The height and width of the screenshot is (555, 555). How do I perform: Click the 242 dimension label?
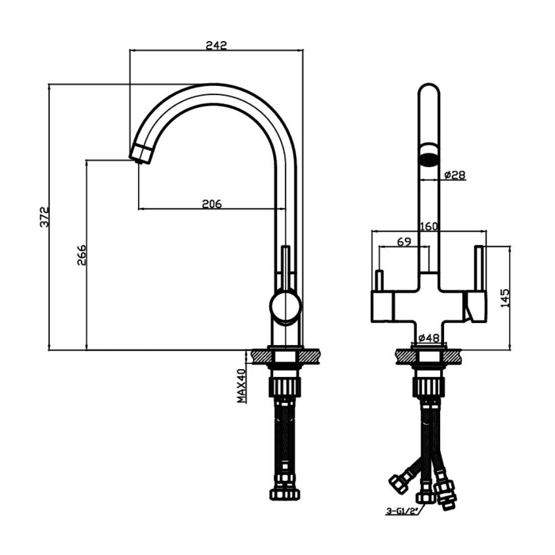point(216,45)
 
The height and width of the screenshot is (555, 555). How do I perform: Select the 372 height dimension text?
point(44,217)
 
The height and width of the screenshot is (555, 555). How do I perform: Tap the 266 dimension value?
point(82,255)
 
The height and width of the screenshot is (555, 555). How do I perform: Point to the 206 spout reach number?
point(211,204)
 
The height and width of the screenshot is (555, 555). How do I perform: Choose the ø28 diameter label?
point(455,175)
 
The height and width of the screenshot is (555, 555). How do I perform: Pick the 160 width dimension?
point(429,226)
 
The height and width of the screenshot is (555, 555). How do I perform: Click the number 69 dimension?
point(403,241)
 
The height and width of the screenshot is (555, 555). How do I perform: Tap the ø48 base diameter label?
point(428,337)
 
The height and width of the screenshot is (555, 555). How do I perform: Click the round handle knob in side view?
point(285,306)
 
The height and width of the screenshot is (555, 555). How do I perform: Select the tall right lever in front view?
point(479,268)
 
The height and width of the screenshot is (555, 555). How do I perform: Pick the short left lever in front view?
point(380,281)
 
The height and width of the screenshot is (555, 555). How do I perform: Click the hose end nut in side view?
point(284,493)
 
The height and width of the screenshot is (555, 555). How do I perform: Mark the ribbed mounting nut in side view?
point(284,386)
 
